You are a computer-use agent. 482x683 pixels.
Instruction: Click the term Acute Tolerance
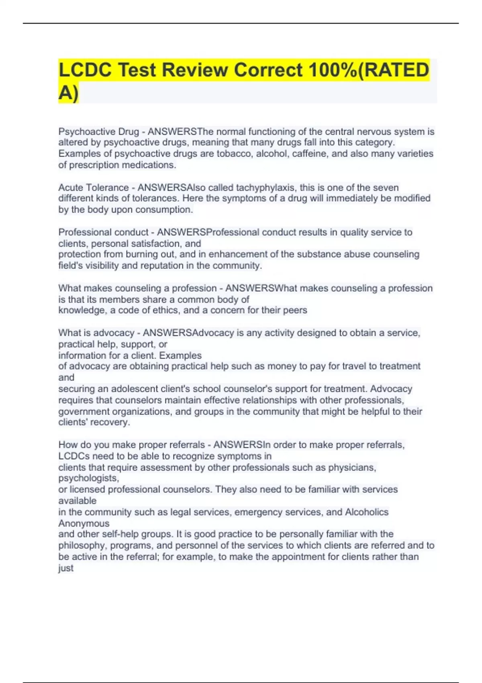pos(94,188)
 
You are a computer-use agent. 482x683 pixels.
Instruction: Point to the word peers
pos(295,310)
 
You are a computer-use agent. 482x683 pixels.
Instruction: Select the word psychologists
pos(89,479)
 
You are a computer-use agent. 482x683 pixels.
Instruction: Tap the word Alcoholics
pos(367,512)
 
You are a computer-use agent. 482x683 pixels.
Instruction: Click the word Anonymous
pos(84,523)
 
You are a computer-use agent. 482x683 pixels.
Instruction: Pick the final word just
pos(66,568)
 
